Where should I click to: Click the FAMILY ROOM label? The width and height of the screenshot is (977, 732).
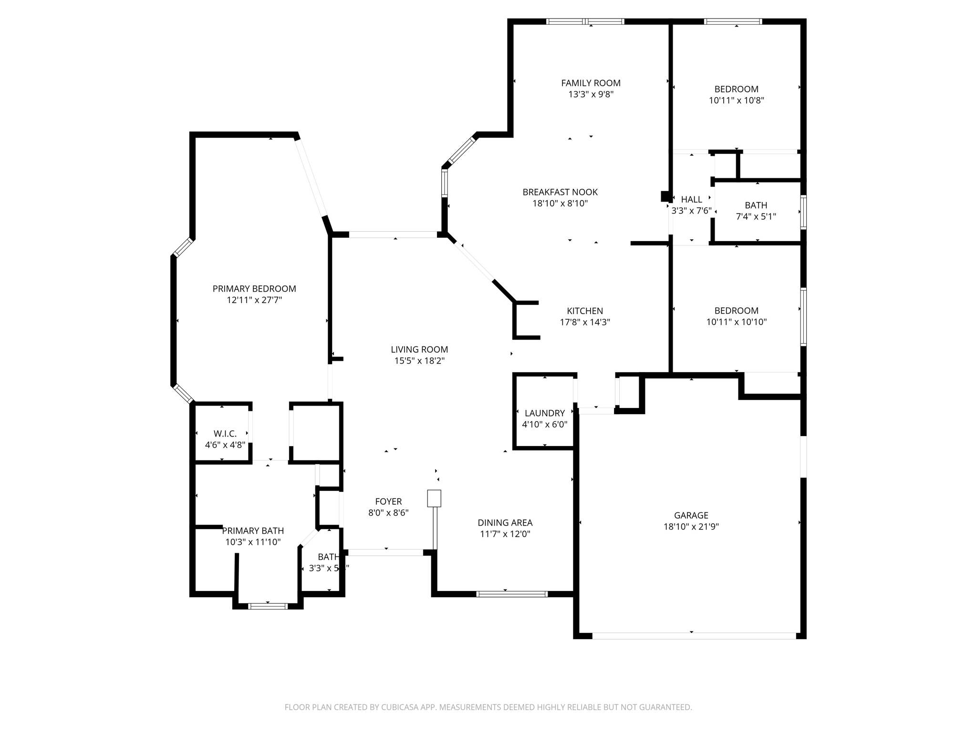pos(591,83)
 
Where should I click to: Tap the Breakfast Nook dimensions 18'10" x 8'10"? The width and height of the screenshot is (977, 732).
pos(560,203)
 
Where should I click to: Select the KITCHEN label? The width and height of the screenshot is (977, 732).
pos(585,311)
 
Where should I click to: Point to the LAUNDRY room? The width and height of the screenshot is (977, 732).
pos(544,413)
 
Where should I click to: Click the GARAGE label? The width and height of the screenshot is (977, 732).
pos(691,515)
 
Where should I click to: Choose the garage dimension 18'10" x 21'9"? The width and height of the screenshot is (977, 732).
pos(691,527)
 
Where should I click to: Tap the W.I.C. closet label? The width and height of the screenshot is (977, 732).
pos(225,434)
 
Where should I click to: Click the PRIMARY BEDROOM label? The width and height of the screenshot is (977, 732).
pos(254,289)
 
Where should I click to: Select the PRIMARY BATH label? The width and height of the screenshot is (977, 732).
pos(253,531)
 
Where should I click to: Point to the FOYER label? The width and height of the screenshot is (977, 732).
pos(388,501)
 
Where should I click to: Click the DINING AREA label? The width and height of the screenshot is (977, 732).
pos(505,523)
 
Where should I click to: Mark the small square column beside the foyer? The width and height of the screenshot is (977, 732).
pos(434,498)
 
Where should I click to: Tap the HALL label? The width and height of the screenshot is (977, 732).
pos(691,200)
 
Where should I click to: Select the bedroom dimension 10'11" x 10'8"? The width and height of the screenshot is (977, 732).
pos(737,101)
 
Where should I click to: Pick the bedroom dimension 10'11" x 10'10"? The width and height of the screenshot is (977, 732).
pos(737,322)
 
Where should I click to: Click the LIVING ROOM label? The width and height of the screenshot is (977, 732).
pos(419,350)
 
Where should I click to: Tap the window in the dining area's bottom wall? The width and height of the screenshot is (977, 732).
pos(512,594)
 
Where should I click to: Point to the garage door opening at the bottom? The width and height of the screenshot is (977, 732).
pos(694,636)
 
